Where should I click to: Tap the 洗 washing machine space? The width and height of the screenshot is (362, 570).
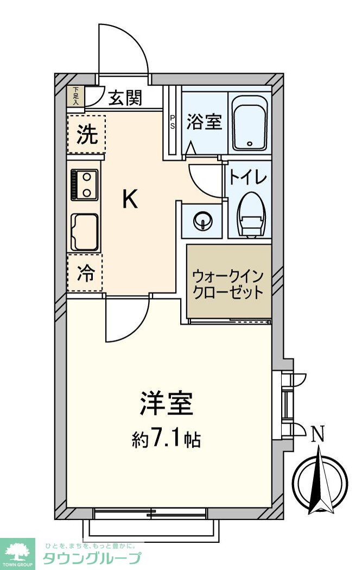[x=86, y=134]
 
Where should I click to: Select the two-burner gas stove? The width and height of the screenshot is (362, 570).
[x=85, y=184]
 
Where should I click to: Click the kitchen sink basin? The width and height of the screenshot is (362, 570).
[x=85, y=231]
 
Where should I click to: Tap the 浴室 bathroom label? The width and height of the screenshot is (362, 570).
[x=204, y=122]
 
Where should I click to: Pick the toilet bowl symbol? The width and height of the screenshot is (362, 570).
[x=252, y=215]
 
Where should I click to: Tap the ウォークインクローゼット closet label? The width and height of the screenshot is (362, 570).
[x=228, y=283]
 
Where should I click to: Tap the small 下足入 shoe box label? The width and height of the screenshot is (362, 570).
[x=75, y=96]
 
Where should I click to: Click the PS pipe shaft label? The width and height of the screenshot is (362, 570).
[x=173, y=122]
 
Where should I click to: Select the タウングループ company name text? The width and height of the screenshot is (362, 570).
[x=92, y=558]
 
